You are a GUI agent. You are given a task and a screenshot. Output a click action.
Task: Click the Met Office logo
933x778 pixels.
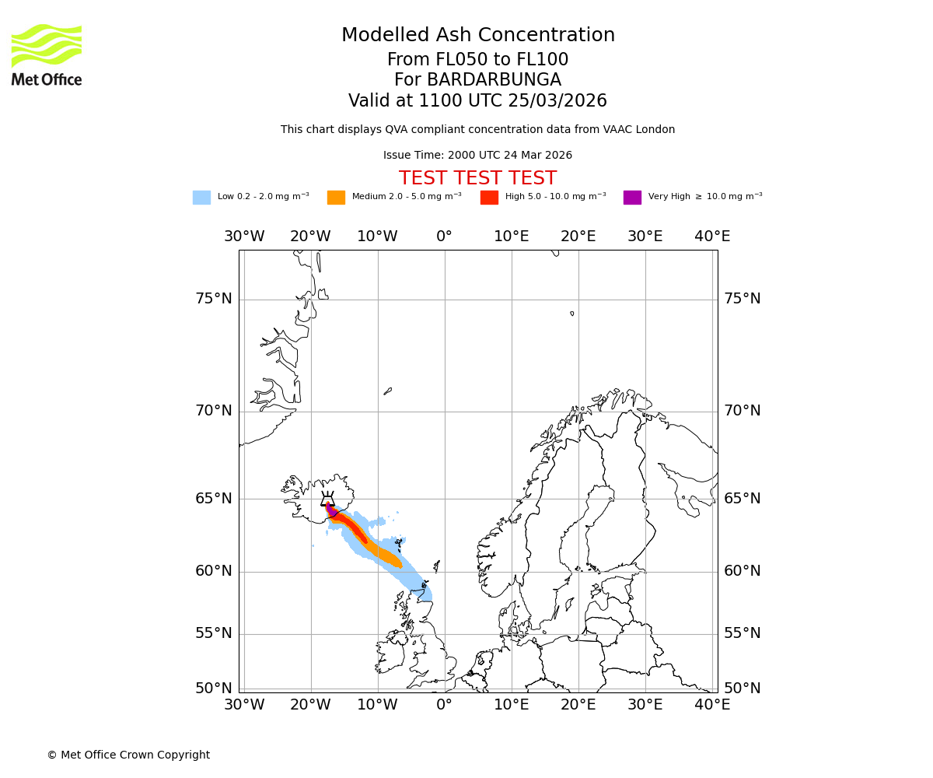coord(47,54)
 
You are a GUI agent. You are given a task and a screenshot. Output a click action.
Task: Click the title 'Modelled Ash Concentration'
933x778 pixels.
coord(477,36)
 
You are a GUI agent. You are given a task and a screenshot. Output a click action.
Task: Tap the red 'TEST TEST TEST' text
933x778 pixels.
coord(477,179)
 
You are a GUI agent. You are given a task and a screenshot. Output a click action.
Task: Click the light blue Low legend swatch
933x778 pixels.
coord(201,198)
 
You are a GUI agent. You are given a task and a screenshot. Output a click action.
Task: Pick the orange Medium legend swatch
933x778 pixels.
coord(336,198)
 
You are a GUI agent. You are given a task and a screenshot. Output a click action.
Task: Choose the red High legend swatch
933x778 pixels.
coord(489,198)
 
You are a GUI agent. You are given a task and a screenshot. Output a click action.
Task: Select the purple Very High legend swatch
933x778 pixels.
coord(632,198)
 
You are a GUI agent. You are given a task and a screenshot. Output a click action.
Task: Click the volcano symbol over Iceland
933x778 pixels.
coord(328,499)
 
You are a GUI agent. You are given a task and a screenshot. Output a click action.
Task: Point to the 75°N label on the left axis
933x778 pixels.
coord(213,299)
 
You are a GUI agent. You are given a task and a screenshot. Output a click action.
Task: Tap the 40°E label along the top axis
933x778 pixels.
coord(712,237)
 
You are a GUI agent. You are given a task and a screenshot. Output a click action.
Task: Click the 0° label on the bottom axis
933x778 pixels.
coord(444,705)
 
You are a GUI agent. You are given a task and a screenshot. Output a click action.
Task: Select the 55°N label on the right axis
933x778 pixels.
coord(742,633)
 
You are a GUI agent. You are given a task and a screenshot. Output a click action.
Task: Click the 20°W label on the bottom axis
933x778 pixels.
coord(310,705)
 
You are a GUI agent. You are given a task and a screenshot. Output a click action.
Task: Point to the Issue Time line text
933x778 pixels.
coord(477,156)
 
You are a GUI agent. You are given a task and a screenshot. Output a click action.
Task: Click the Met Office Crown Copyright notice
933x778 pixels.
coord(128,755)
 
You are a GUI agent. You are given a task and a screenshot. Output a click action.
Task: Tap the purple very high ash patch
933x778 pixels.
coord(330,510)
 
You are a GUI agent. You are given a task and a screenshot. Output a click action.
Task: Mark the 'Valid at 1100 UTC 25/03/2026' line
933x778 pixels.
coord(477,101)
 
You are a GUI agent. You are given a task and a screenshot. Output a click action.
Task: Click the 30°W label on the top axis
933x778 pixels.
coord(244,237)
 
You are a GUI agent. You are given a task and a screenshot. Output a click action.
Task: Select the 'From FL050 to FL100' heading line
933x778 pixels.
coord(477,60)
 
